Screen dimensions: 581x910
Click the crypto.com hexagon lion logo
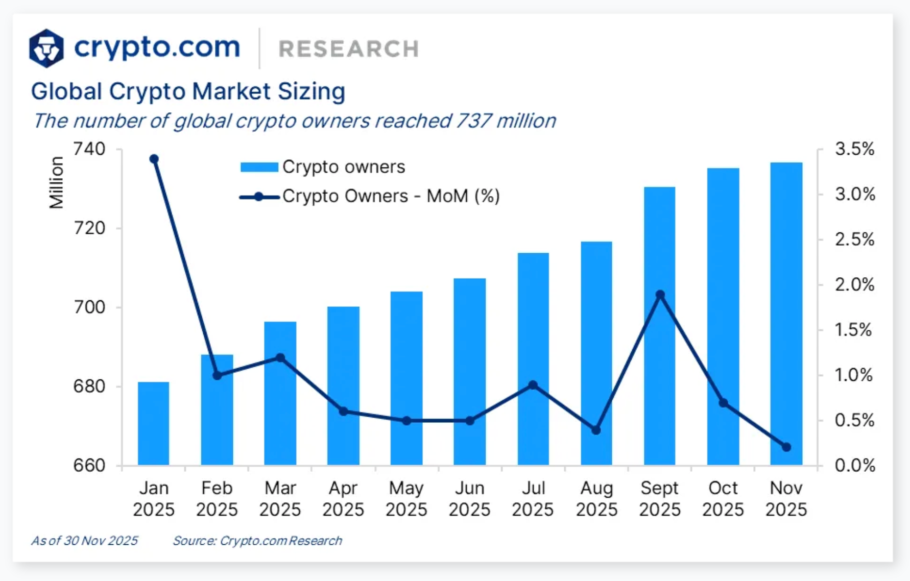point(46,49)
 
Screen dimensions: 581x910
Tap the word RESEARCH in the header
point(349,49)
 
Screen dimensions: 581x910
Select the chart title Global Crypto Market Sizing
point(188,92)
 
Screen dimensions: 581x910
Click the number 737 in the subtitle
point(473,121)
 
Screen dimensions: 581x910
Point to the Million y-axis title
point(56,182)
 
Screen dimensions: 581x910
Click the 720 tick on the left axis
point(89,228)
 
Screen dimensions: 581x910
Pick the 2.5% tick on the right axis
point(854,239)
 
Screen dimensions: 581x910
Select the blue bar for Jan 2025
point(154,424)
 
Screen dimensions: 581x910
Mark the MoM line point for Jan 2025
point(154,159)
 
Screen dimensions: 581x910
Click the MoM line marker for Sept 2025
point(660,295)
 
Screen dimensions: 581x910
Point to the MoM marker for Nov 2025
point(786,447)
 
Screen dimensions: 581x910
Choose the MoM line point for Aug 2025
point(596,430)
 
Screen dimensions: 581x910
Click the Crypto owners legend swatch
point(259,167)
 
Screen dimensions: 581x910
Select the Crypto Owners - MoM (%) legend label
point(391,196)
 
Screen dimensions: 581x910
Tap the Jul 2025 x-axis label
point(533,499)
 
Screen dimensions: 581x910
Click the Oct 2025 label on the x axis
point(723,499)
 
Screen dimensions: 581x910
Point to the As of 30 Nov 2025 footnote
point(84,541)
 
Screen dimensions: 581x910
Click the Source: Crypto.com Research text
point(257,541)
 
